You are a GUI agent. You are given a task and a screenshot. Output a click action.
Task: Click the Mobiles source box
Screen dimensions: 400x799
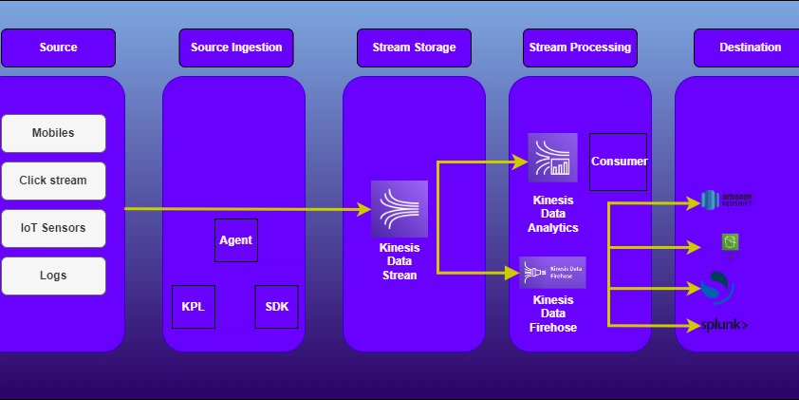point(53,133)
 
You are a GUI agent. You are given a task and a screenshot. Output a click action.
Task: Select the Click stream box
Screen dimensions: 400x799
point(53,181)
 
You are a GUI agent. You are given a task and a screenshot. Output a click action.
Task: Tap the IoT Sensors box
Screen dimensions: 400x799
point(53,228)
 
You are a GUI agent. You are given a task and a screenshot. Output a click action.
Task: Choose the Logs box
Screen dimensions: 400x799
point(53,276)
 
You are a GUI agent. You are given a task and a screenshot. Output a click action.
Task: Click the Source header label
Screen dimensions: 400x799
point(59,48)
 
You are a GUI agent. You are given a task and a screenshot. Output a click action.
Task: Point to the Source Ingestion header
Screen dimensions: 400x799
point(236,48)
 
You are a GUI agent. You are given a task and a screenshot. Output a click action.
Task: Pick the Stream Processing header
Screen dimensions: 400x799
point(579,48)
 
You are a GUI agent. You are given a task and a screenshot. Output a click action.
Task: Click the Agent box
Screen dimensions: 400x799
point(236,240)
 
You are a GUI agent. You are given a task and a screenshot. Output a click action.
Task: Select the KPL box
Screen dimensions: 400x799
point(193,307)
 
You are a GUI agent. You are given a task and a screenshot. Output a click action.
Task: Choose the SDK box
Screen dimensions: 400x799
point(277,307)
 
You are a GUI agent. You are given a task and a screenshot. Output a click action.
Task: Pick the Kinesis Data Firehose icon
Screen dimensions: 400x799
point(552,272)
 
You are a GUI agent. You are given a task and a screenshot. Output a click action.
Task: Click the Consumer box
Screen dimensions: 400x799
point(619,162)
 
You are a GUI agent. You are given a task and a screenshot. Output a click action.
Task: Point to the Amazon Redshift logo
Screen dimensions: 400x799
point(726,200)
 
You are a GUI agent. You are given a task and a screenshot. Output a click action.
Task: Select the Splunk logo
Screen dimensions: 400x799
point(725,326)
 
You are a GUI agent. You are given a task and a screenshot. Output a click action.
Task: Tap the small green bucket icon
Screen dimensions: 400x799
point(730,244)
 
